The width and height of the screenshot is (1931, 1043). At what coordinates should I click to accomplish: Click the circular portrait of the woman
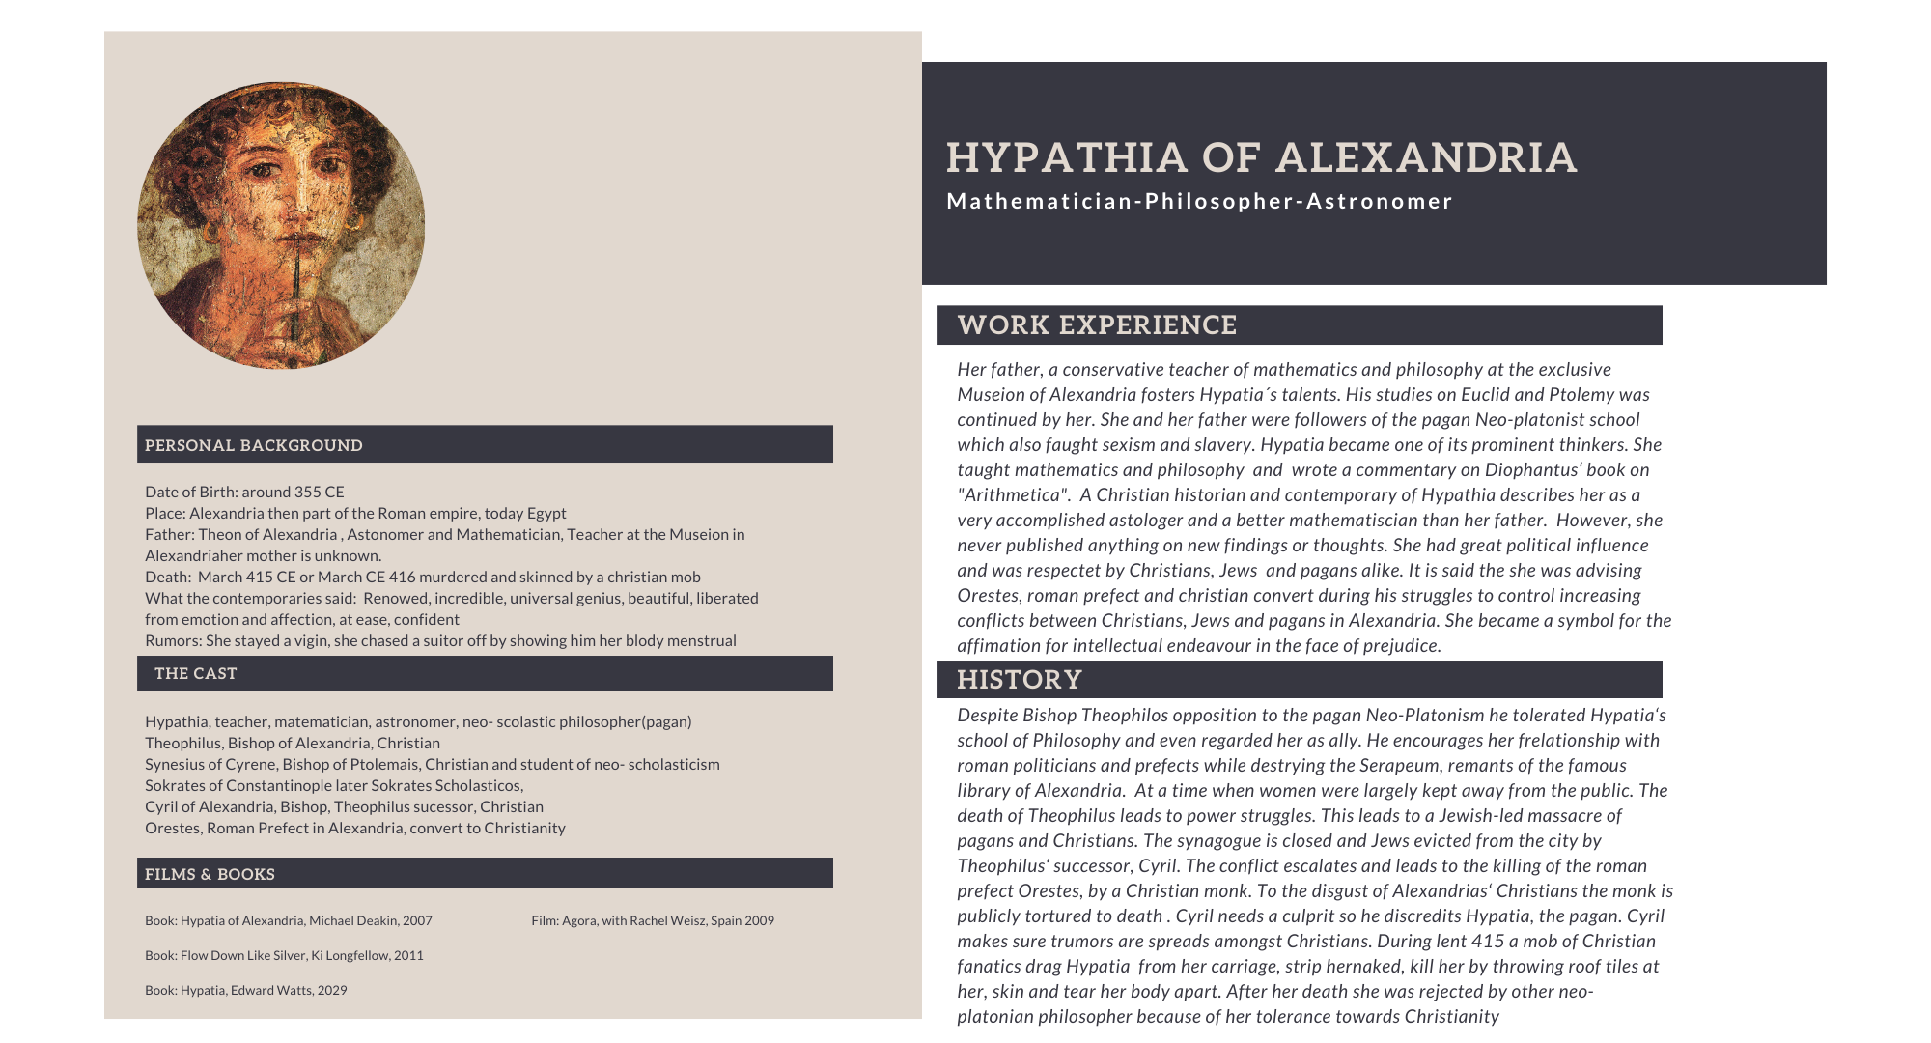point(281,225)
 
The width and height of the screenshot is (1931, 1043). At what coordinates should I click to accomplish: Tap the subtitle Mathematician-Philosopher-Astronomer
point(1199,201)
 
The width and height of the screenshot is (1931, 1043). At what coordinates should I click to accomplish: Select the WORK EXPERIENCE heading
point(1097,325)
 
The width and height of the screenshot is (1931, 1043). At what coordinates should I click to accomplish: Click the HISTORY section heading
point(1019,680)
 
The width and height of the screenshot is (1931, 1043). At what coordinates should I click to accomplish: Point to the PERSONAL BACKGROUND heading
point(254,445)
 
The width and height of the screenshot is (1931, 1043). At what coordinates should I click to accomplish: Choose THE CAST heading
point(196,673)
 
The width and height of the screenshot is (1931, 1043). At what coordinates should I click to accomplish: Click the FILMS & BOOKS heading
point(210,874)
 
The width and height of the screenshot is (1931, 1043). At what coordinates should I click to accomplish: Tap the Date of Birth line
point(244,492)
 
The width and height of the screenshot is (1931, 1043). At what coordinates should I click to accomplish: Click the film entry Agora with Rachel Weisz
point(653,920)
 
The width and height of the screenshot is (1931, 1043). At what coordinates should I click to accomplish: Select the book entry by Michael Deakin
point(289,920)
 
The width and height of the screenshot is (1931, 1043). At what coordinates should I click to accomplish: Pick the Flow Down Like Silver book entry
point(284,955)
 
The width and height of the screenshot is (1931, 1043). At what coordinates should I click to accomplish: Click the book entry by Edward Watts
point(246,990)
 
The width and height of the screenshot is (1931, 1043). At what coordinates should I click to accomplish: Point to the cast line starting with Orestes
point(355,828)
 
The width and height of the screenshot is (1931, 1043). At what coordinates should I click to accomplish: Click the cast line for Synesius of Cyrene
point(433,764)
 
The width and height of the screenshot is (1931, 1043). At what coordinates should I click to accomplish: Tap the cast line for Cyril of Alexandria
point(344,806)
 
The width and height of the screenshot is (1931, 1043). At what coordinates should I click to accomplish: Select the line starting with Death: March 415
point(423,577)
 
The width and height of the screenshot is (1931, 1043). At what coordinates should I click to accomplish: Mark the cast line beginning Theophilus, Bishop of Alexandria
point(293,743)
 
